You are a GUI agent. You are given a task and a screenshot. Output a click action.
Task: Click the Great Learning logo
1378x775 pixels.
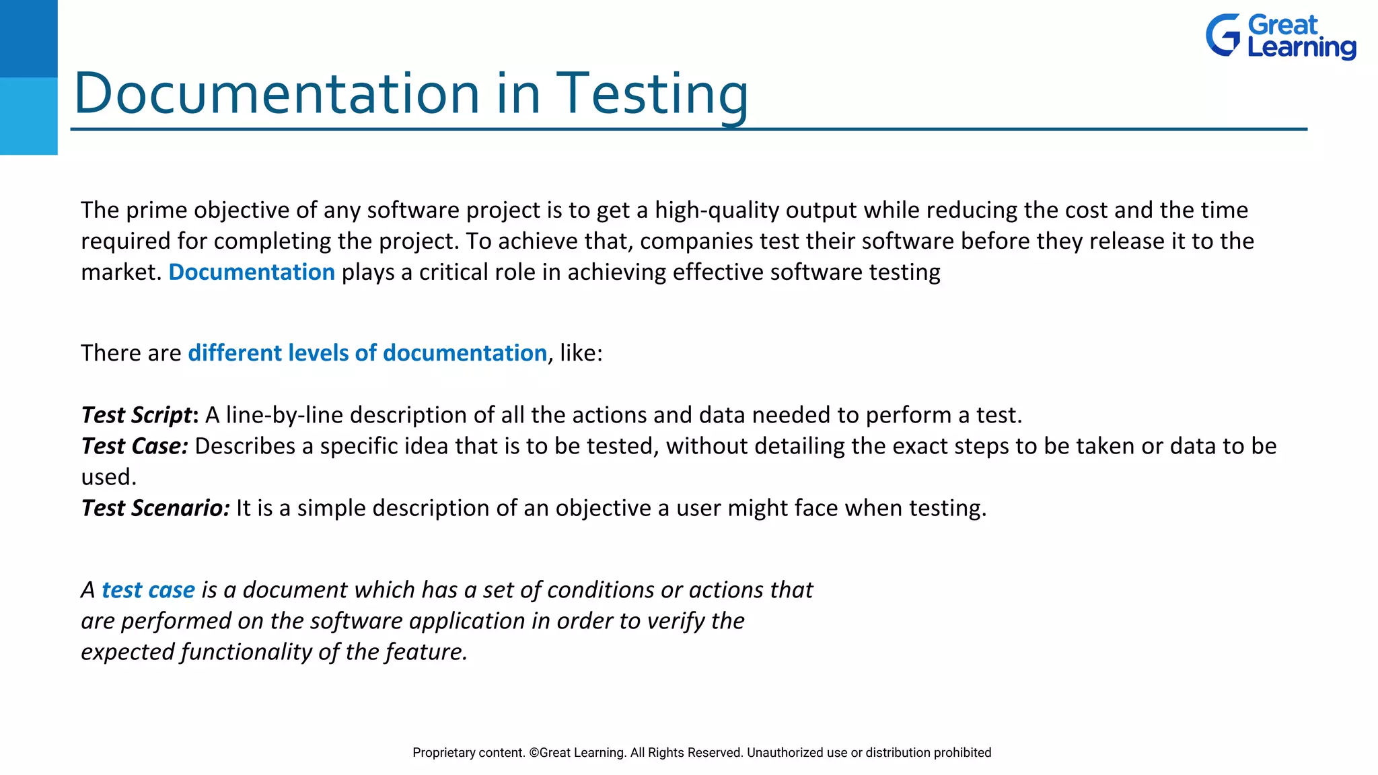[1280, 36]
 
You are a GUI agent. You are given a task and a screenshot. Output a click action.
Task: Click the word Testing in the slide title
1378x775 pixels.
[651, 94]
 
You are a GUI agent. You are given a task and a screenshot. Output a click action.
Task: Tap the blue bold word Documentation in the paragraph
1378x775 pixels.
[252, 272]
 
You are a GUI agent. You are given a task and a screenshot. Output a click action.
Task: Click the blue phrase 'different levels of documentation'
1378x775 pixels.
[367, 353]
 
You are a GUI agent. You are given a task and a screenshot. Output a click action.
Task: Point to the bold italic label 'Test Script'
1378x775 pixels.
[137, 415]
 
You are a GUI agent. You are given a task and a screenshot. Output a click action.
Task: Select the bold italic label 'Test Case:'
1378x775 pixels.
[135, 446]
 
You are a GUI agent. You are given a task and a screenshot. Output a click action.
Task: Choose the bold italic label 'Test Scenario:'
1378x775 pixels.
[155, 508]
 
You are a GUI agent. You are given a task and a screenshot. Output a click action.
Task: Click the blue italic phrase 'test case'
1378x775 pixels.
[148, 590]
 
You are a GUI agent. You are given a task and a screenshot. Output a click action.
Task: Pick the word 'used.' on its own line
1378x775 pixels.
[108, 477]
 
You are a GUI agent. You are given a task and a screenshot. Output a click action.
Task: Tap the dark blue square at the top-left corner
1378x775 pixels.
[28, 38]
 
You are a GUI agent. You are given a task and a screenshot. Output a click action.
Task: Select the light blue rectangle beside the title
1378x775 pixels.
[28, 116]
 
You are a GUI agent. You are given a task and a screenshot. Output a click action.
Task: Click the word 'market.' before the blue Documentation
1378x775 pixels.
[121, 272]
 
